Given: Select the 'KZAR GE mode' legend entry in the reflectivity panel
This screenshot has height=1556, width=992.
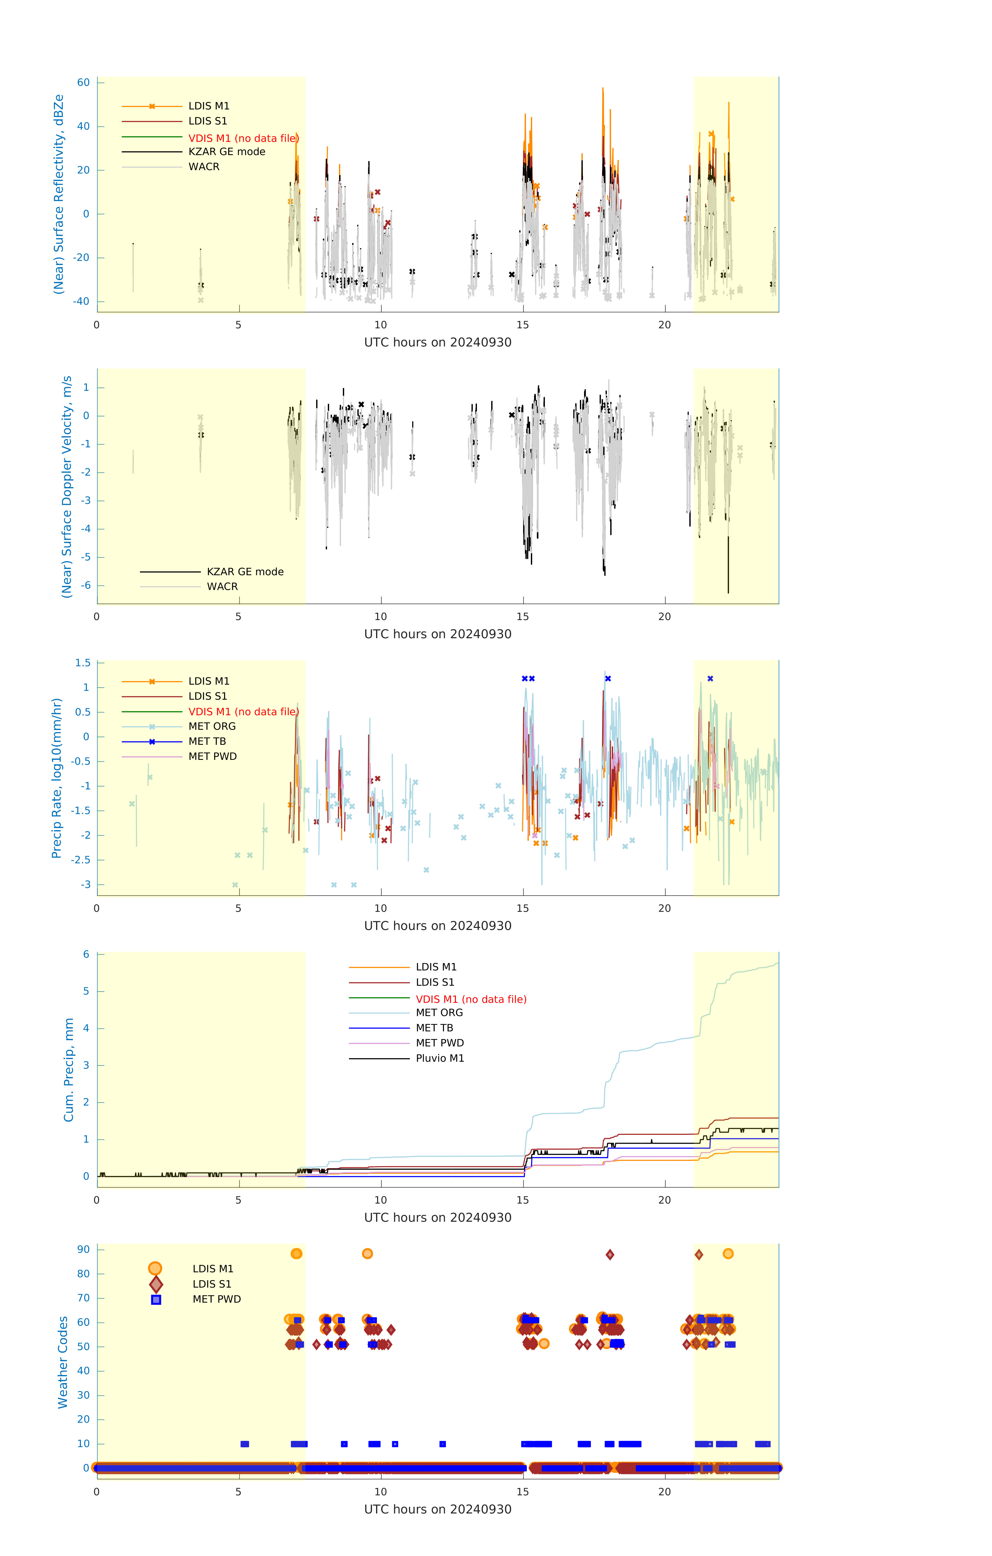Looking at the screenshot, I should pos(227,152).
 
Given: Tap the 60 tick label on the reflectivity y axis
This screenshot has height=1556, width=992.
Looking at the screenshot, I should pos(83,83).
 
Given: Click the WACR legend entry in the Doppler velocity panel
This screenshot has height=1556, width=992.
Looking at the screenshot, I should pos(222,587).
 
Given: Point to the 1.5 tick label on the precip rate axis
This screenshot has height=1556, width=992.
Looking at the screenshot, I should pos(83,663).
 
